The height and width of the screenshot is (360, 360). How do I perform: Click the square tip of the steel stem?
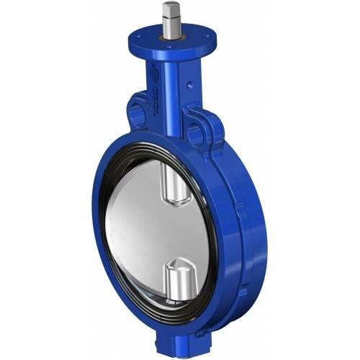pos(171,9)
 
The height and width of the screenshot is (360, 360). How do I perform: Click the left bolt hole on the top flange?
pos(143,32)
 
